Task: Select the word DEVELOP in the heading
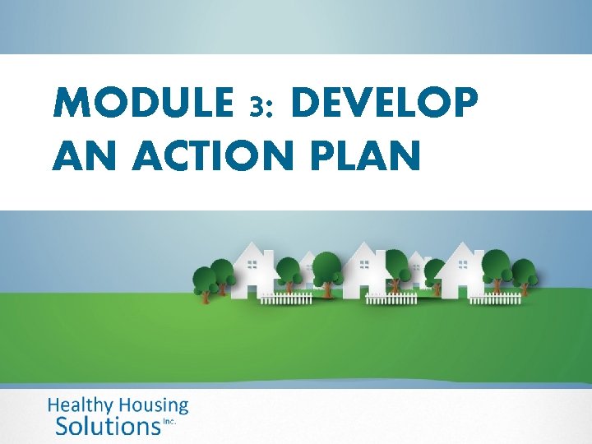coord(383,104)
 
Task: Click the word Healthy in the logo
coord(83,405)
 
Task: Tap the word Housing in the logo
coord(155,405)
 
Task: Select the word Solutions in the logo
coord(107,426)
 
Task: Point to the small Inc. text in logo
coord(170,421)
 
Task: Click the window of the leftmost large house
coord(252,265)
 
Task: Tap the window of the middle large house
coord(363,265)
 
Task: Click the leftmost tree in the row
coord(203,280)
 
